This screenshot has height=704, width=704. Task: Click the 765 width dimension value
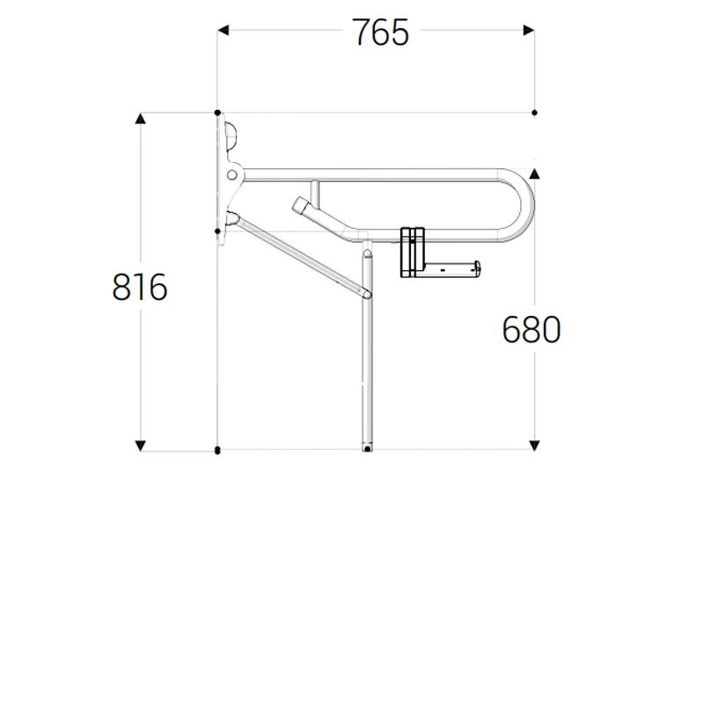[380, 33]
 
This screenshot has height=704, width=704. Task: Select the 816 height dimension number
[140, 288]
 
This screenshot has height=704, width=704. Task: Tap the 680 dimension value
[531, 330]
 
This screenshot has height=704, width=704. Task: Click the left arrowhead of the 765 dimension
[224, 31]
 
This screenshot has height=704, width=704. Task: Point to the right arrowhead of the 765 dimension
[529, 31]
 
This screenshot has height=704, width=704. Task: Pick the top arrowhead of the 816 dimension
[140, 118]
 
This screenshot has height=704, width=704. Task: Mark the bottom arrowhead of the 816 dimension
[140, 445]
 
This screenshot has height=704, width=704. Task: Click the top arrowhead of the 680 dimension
[534, 173]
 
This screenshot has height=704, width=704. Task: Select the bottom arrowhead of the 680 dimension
[534, 445]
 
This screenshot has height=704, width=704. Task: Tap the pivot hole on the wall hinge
[232, 175]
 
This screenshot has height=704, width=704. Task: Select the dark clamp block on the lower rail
[413, 252]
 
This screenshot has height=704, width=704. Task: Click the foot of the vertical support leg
[367, 448]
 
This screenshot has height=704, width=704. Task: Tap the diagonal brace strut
[299, 255]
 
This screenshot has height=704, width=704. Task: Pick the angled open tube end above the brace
[300, 206]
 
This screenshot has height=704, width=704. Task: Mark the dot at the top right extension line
[534, 113]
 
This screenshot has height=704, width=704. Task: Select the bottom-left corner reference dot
[217, 451]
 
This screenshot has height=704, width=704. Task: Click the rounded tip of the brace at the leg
[367, 294]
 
